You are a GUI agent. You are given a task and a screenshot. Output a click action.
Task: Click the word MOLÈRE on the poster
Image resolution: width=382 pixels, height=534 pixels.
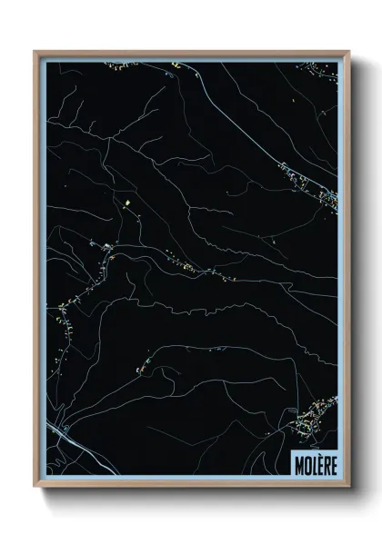pos(314,462)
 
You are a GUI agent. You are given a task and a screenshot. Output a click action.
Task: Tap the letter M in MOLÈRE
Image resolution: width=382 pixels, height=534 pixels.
pos(298,462)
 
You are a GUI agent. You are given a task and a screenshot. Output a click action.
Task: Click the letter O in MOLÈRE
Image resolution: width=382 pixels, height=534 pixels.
pos(306,462)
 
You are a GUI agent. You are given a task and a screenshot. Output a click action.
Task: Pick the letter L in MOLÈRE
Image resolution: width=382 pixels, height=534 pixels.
pos(311,462)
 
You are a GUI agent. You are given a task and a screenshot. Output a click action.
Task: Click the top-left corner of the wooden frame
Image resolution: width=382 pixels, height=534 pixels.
pos(35,52)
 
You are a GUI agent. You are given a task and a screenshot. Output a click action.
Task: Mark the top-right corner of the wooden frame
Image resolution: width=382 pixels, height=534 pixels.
pos(347,52)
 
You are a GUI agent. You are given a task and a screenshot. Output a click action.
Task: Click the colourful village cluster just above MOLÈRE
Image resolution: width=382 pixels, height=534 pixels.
pos(315,418)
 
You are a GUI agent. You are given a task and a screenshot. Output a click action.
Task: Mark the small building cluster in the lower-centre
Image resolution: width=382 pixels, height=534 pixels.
pos(146,366)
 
